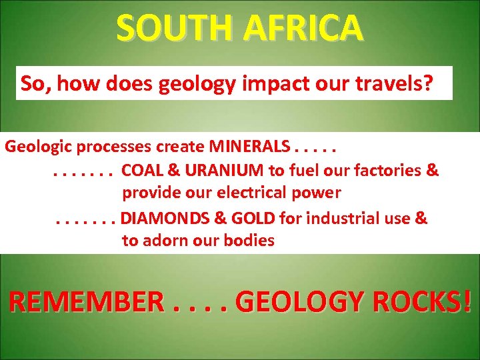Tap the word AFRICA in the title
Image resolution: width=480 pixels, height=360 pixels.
tap(304, 28)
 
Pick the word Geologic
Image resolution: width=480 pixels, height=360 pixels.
tap(39, 146)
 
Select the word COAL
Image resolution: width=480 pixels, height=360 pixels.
tap(142, 170)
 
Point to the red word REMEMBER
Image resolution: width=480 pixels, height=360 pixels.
tap(85, 302)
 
